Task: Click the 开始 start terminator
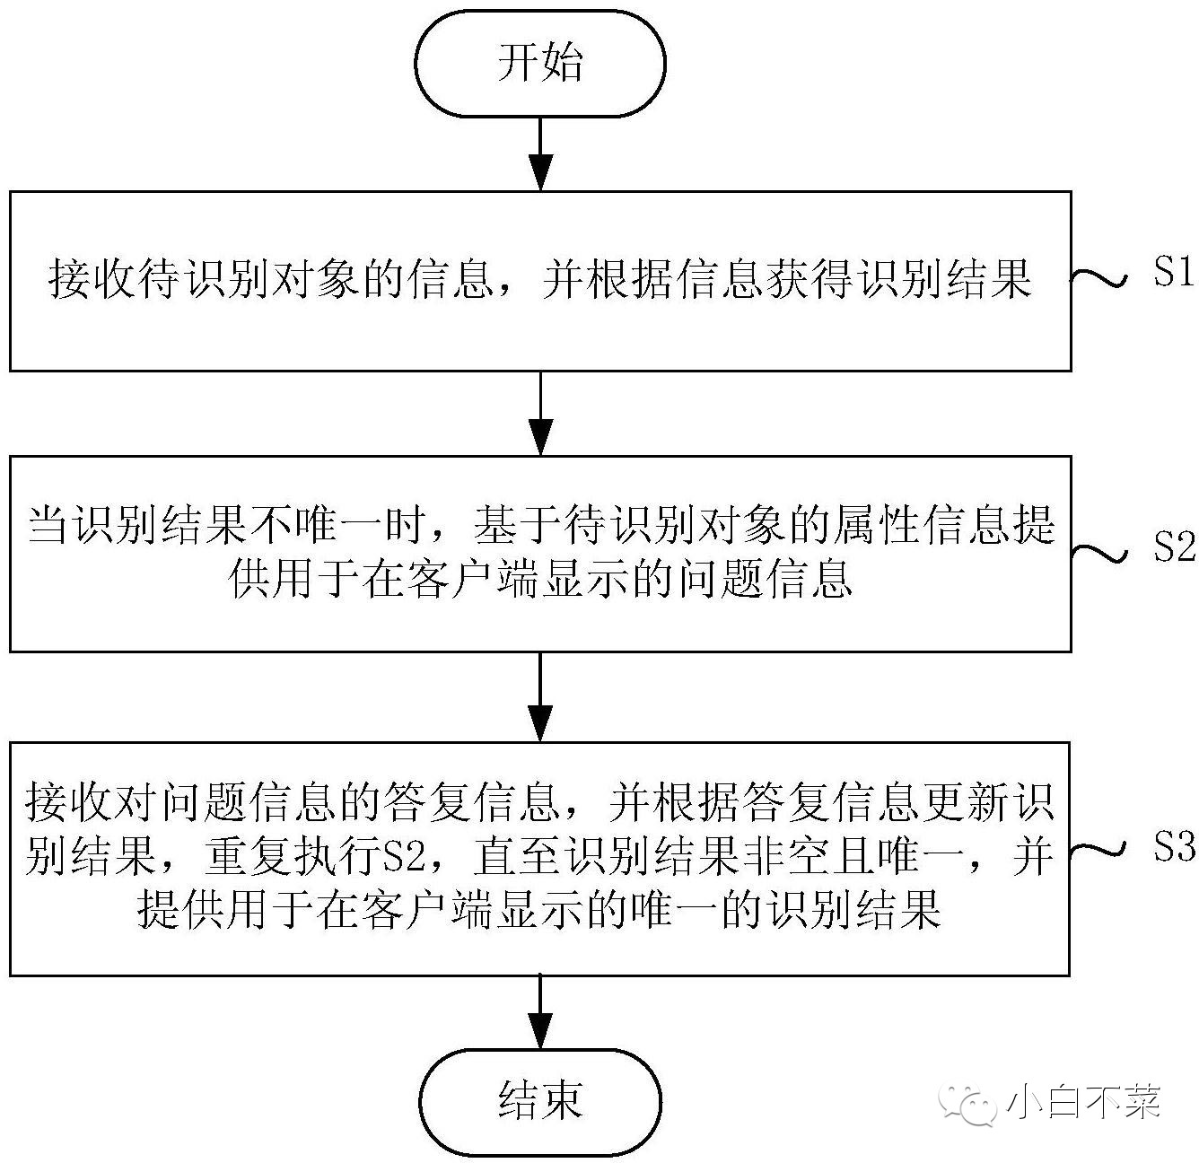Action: pyautogui.click(x=539, y=64)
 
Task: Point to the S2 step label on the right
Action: pyautogui.click(x=1175, y=547)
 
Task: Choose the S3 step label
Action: pyautogui.click(x=1175, y=846)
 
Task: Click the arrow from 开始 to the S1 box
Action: pyautogui.click(x=540, y=154)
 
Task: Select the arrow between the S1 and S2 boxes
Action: pyautogui.click(x=540, y=414)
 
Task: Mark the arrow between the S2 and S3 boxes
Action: pyautogui.click(x=540, y=696)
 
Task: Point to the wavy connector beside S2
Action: pyautogui.click(x=1099, y=554)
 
